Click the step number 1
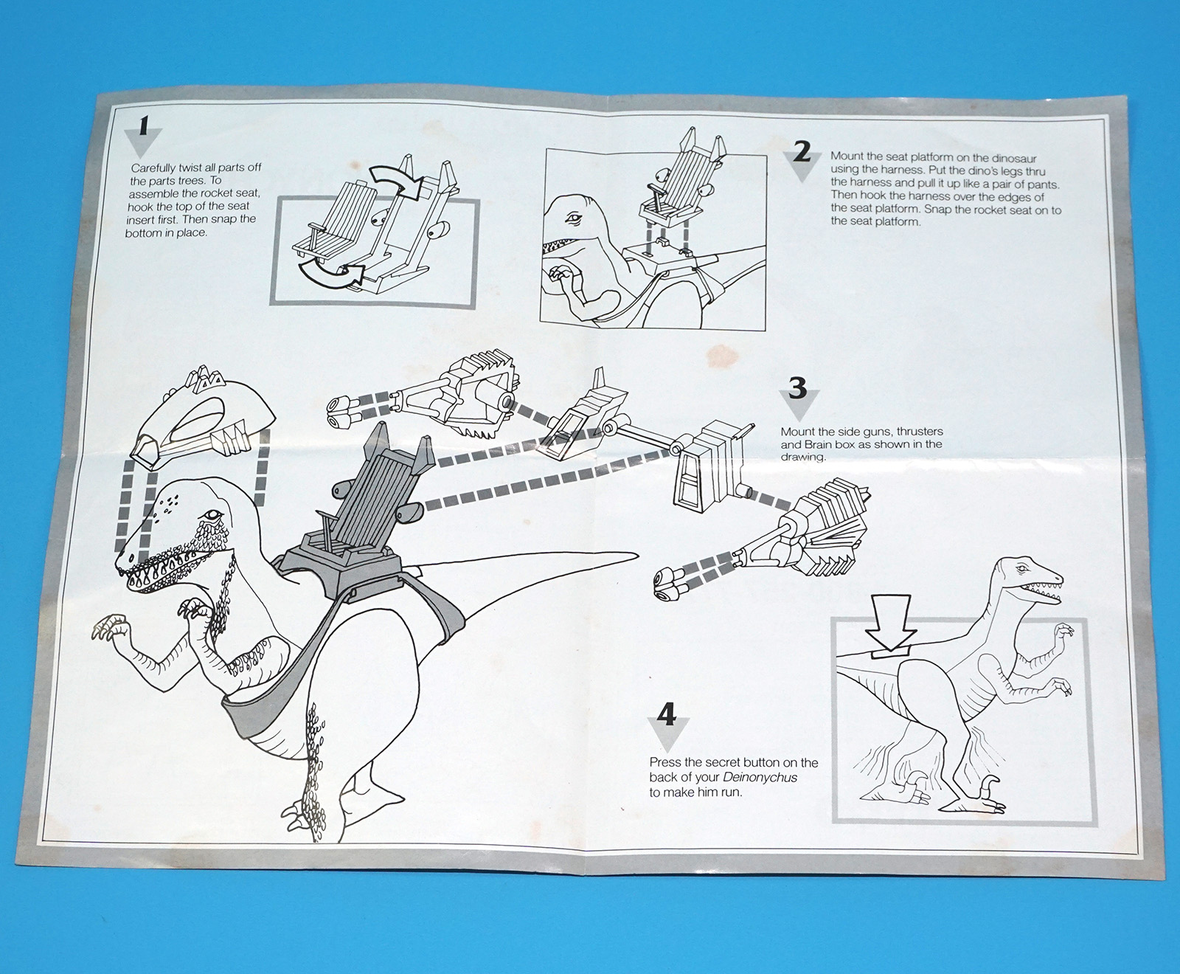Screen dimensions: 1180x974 145,125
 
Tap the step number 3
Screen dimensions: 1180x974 798,388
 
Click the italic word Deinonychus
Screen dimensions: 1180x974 760,777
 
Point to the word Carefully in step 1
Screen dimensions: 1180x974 154,168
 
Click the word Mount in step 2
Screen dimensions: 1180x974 847,156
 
